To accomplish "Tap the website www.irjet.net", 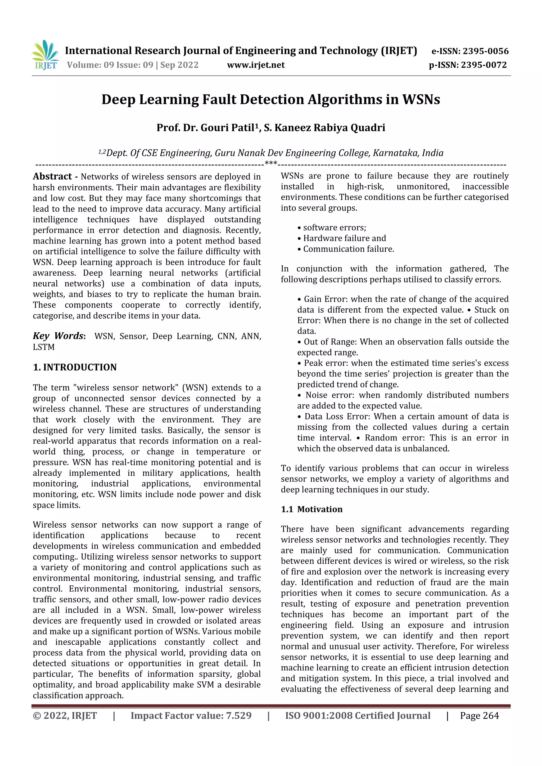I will [256, 65].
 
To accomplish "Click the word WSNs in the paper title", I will [421, 99].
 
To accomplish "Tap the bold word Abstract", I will [52, 176].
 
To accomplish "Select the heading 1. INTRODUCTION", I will [75, 367].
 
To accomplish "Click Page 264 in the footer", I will [479, 715].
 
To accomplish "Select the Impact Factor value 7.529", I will [238, 715].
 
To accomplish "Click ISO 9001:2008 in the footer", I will [319, 715].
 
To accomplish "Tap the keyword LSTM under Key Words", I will [44, 347].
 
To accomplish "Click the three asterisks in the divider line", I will [271, 163].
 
